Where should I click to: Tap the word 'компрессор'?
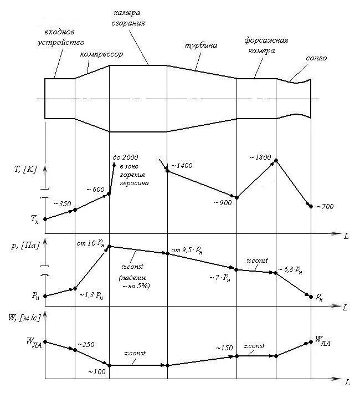tap(101, 54)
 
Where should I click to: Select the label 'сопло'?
tap(316, 58)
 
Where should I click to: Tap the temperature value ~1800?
tap(260, 157)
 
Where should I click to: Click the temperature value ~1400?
tap(182, 166)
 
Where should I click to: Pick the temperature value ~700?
tap(325, 207)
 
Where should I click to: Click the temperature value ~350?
tap(62, 203)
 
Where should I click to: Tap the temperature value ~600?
tap(95, 190)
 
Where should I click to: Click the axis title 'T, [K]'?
tap(26, 169)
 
